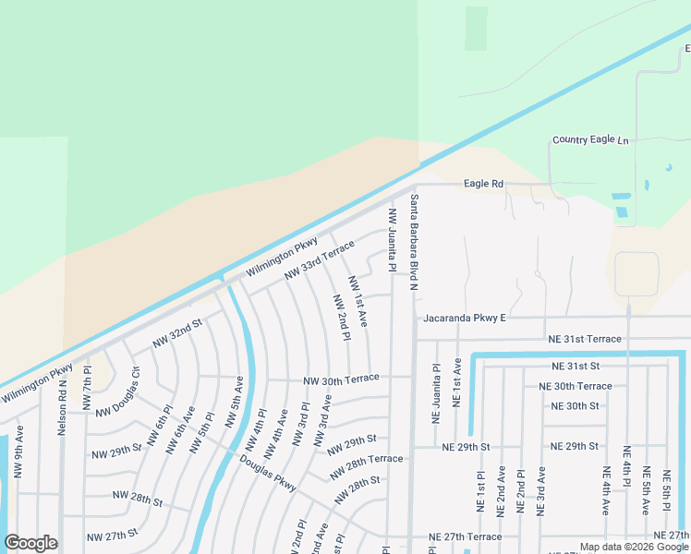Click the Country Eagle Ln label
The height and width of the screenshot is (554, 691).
tap(589, 139)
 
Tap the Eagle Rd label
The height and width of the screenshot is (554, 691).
tap(483, 184)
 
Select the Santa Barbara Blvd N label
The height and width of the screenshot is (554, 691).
tap(415, 243)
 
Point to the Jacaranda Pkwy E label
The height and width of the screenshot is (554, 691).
tap(465, 319)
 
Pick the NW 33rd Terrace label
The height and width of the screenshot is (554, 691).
tap(319, 259)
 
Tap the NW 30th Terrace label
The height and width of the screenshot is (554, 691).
tap(341, 379)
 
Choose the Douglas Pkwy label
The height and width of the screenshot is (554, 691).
tap(268, 473)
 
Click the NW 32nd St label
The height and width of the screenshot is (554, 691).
tap(177, 333)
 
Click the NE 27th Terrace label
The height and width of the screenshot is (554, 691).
tap(466, 536)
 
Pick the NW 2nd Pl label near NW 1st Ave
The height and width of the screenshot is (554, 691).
tap(341, 318)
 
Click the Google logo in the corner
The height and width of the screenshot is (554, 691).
tap(30, 543)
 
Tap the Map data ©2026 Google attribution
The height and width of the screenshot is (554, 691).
tap(633, 547)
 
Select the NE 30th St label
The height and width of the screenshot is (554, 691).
tap(575, 405)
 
